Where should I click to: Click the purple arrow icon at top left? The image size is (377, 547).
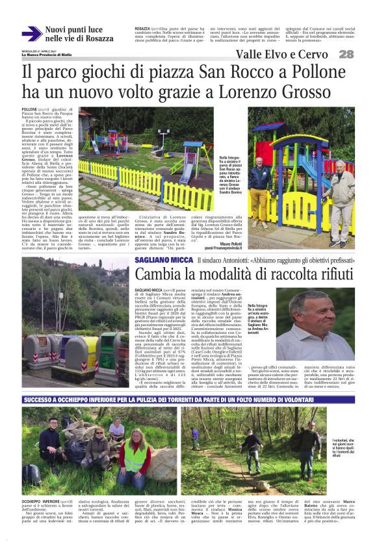(31, 34)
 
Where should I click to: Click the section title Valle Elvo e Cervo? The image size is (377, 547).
(281, 55)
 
